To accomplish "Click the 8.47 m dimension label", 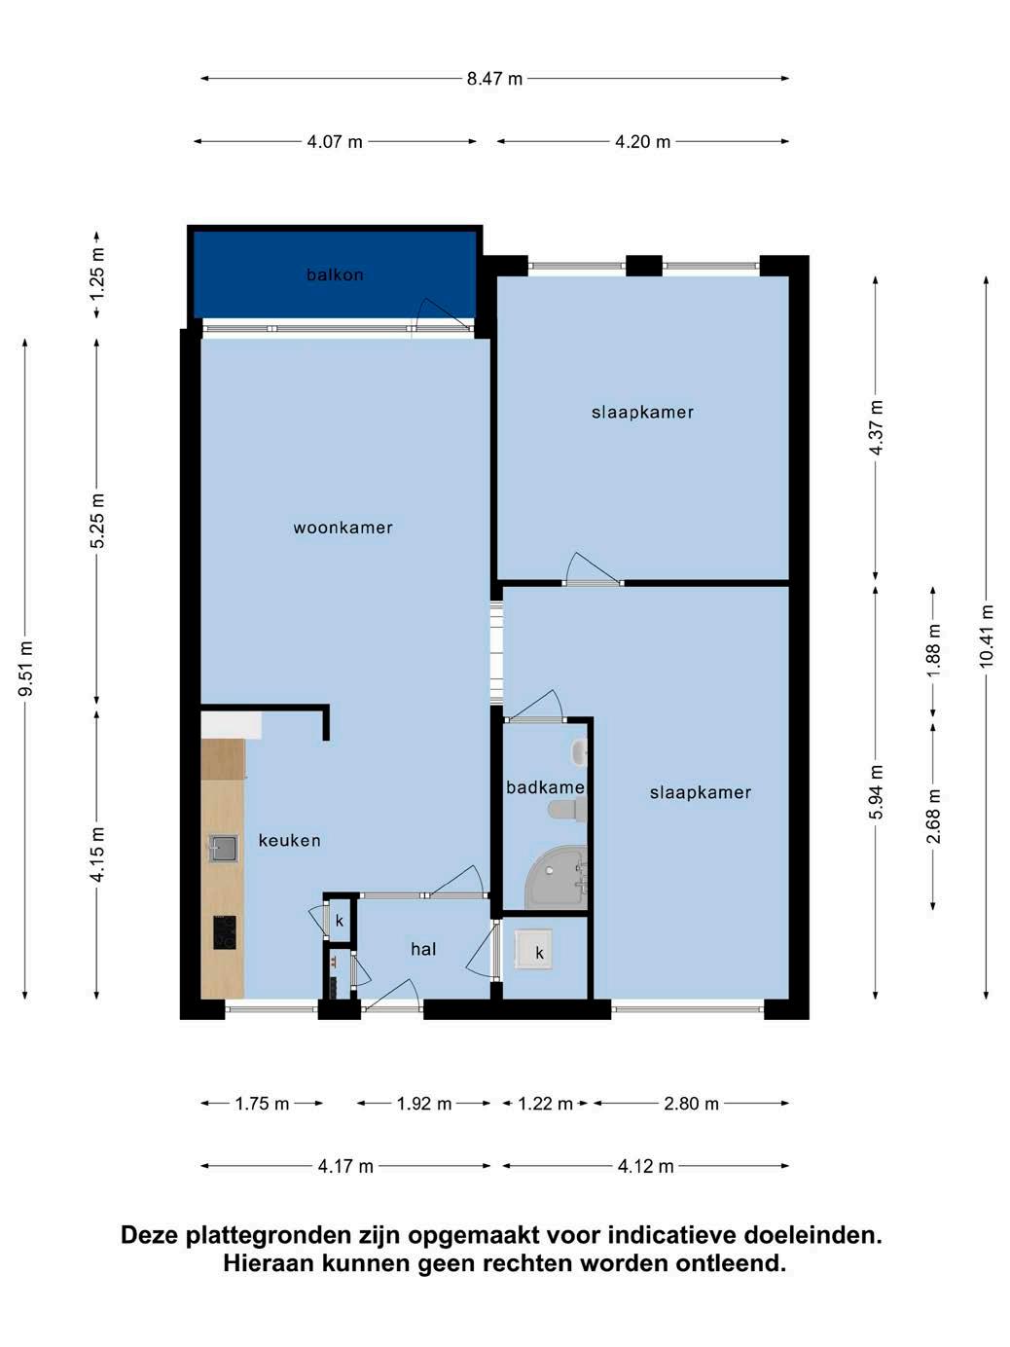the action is pyautogui.click(x=494, y=79).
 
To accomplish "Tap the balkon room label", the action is pyautogui.click(x=335, y=274).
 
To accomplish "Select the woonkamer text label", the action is pyautogui.click(x=343, y=528).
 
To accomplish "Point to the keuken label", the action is pyautogui.click(x=289, y=841).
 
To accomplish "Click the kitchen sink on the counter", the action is pyautogui.click(x=223, y=848).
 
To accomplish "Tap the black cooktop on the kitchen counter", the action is pyautogui.click(x=225, y=932).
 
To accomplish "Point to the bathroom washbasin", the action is pyautogui.click(x=580, y=752).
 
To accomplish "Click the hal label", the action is pyautogui.click(x=423, y=949).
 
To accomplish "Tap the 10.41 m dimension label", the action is pyautogui.click(x=986, y=637).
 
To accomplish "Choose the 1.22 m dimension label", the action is pyautogui.click(x=545, y=1104).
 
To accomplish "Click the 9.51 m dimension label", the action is pyautogui.click(x=25, y=669).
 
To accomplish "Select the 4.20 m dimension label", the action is pyautogui.click(x=642, y=142).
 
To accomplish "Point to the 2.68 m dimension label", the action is pyautogui.click(x=933, y=817).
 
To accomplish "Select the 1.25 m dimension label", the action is pyautogui.click(x=97, y=274).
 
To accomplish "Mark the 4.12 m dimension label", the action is pyautogui.click(x=645, y=1166).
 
